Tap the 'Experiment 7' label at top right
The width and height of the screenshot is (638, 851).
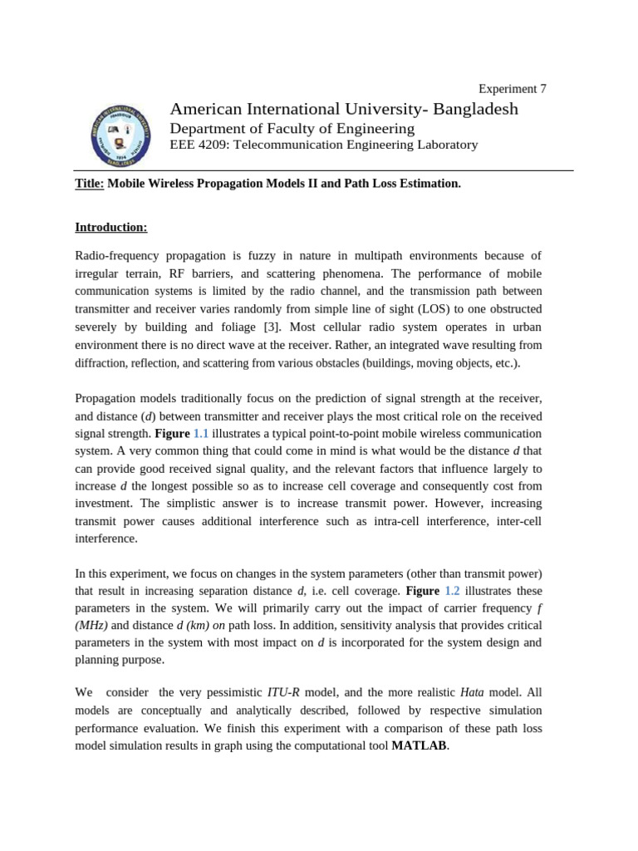coord(513,89)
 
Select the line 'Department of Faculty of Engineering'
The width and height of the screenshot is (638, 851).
coord(292,129)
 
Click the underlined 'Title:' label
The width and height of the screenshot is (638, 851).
coord(90,183)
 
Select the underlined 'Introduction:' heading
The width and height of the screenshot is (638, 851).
coord(111,227)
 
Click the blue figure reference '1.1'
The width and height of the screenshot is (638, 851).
coord(201,434)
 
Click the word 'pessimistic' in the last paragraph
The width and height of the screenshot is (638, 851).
coord(229,692)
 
